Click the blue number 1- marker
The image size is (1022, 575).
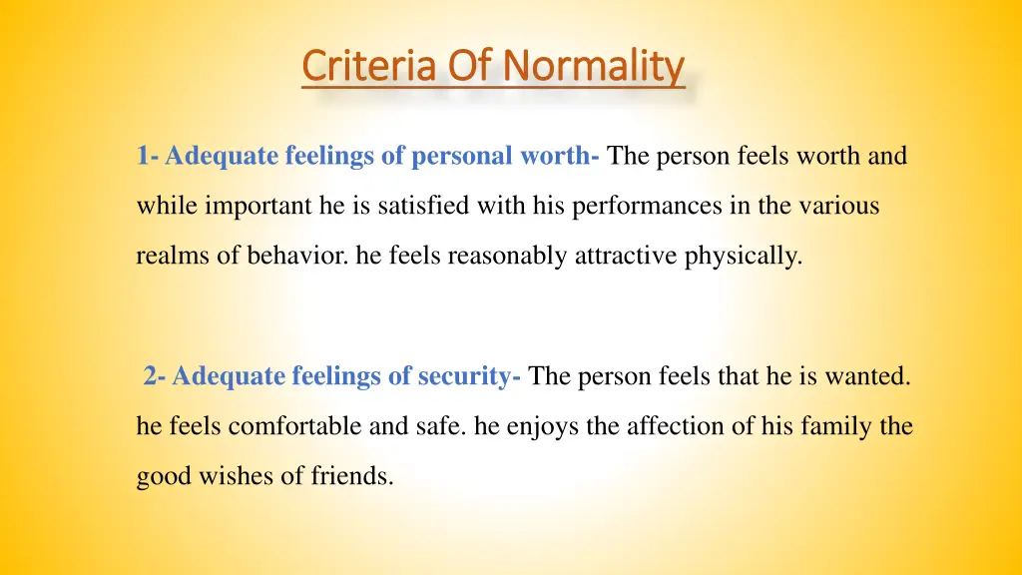pos(149,157)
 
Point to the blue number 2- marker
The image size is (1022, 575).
pos(155,376)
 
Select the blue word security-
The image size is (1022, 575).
pos(462,376)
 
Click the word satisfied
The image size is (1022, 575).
pos(409,207)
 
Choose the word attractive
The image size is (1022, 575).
pos(627,257)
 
